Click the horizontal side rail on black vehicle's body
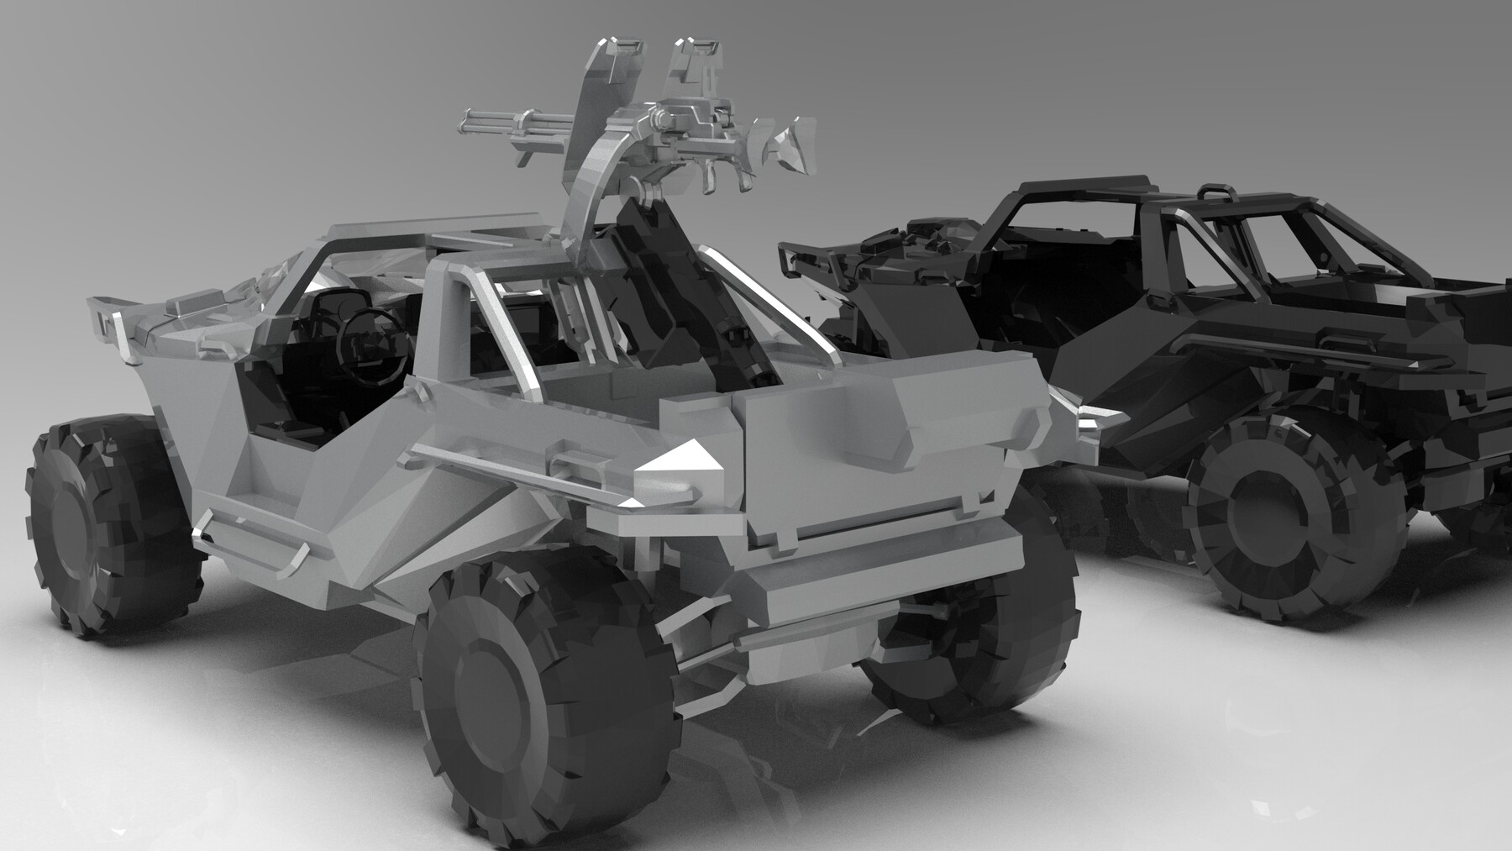[x=1310, y=344]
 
